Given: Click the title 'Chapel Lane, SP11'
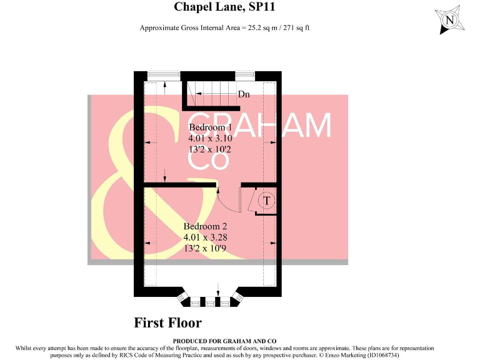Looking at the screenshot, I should pyautogui.click(x=224, y=7).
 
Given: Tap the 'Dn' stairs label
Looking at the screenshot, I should pyautogui.click(x=244, y=95).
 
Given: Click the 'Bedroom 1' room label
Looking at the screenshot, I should pyautogui.click(x=211, y=127).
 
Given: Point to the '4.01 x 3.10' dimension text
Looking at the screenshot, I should pyautogui.click(x=210, y=139).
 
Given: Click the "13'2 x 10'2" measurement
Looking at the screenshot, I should pyautogui.click(x=210, y=150).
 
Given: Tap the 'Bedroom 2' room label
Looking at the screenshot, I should pyautogui.click(x=205, y=226).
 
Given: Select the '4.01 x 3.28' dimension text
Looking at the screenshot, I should pyautogui.click(x=205, y=237).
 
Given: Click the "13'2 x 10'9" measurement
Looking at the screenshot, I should pyautogui.click(x=205, y=249).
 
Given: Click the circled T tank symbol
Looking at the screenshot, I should pyautogui.click(x=267, y=201).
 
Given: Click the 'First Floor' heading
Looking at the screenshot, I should pyautogui.click(x=168, y=323).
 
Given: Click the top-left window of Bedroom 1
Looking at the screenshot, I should pyautogui.click(x=164, y=76).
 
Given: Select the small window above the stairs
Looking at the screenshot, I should pyautogui.click(x=245, y=76).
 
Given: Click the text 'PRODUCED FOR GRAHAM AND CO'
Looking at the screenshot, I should pyautogui.click(x=224, y=341).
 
